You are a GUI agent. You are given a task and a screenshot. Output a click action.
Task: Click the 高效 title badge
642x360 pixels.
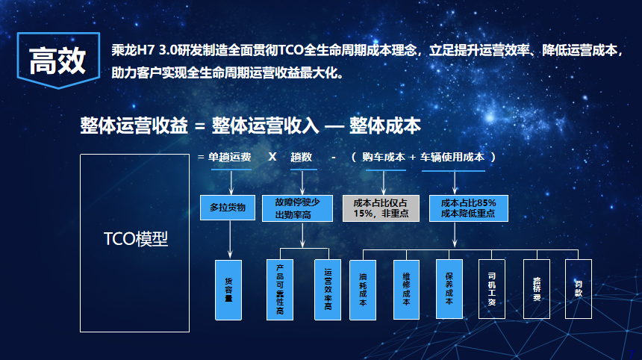click(x=58, y=60)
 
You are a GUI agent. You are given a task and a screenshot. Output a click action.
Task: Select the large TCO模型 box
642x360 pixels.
click(x=134, y=243)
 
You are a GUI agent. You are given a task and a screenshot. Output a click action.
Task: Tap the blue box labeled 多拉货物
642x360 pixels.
click(x=228, y=208)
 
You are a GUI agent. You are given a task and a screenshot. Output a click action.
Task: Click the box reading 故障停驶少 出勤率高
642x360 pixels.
click(x=297, y=208)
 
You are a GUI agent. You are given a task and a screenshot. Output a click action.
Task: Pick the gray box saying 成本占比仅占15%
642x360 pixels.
click(x=381, y=208)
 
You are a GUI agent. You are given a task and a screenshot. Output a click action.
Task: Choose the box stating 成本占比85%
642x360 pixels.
click(x=468, y=208)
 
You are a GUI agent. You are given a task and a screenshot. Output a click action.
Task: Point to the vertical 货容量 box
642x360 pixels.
click(x=228, y=290)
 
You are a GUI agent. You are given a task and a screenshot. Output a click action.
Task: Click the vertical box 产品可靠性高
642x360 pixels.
click(x=280, y=290)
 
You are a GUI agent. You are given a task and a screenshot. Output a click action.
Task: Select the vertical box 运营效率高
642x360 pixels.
click(x=328, y=290)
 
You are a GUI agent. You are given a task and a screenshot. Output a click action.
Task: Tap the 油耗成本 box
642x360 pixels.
click(x=363, y=290)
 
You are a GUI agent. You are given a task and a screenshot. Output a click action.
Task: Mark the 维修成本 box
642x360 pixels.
click(x=406, y=290)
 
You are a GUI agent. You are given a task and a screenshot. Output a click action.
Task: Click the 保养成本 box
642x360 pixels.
click(x=449, y=289)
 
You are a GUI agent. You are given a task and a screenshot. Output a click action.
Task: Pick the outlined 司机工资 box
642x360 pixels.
click(x=492, y=289)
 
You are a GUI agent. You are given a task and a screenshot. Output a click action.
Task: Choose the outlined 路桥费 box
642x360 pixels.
click(x=537, y=289)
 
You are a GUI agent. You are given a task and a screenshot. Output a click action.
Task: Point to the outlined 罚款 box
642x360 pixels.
click(x=578, y=289)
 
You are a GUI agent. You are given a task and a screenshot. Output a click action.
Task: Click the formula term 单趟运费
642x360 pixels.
click(x=230, y=158)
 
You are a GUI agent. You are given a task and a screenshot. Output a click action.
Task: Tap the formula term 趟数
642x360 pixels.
click(x=302, y=158)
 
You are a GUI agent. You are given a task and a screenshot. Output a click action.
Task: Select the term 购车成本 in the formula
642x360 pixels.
click(x=384, y=158)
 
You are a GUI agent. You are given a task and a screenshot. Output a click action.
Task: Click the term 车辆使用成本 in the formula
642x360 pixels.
click(x=452, y=158)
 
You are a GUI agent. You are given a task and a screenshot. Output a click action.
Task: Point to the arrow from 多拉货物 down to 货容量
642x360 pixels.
click(x=230, y=239)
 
